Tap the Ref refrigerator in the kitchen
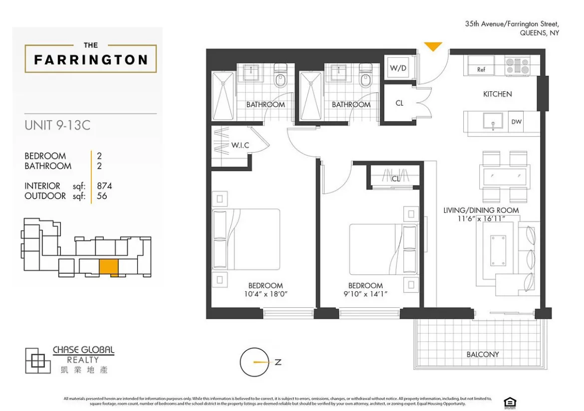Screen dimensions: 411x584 [x=481, y=69]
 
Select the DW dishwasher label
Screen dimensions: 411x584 [x=516, y=121]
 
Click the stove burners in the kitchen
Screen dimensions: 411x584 [x=517, y=66]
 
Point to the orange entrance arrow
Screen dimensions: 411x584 [x=433, y=46]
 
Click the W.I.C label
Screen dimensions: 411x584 [x=240, y=145]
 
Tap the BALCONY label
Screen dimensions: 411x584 [x=483, y=354]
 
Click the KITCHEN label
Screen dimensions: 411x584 [x=497, y=94]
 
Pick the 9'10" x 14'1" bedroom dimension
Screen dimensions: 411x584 [x=365, y=294]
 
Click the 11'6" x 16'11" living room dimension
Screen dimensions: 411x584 [x=481, y=218]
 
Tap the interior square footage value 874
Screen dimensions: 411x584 [x=105, y=186]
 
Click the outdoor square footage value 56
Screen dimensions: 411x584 [x=102, y=196]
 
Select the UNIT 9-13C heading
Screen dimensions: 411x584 [x=57, y=125]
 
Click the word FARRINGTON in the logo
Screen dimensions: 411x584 [x=91, y=60]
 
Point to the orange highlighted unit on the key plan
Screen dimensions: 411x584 [x=108, y=267]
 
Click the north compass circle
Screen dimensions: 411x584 [x=255, y=362]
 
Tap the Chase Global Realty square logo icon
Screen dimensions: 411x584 [x=37, y=360]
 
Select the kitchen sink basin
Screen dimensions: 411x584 [x=493, y=121]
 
